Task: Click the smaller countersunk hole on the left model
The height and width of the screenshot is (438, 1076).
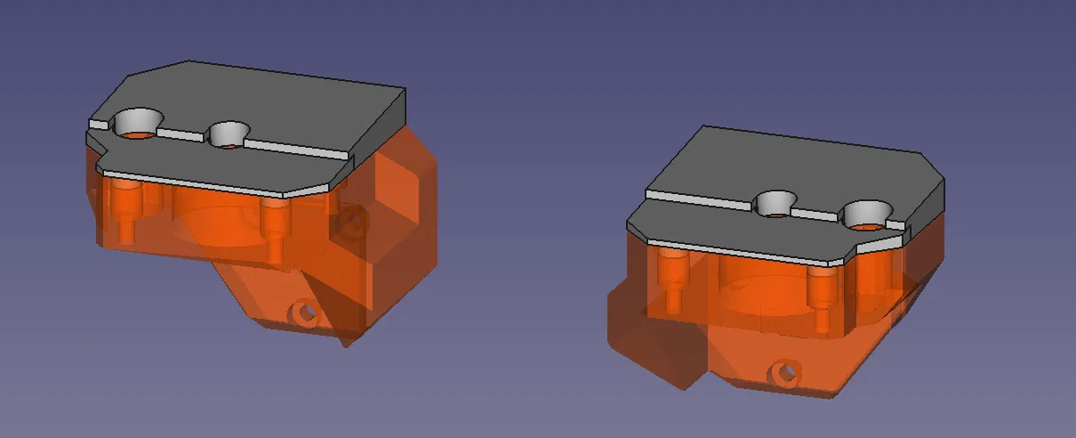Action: pyautogui.click(x=229, y=135)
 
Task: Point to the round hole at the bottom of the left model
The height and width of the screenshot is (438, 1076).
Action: pyautogui.click(x=306, y=312)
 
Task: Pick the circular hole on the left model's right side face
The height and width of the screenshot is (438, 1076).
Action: pyautogui.click(x=354, y=220)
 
